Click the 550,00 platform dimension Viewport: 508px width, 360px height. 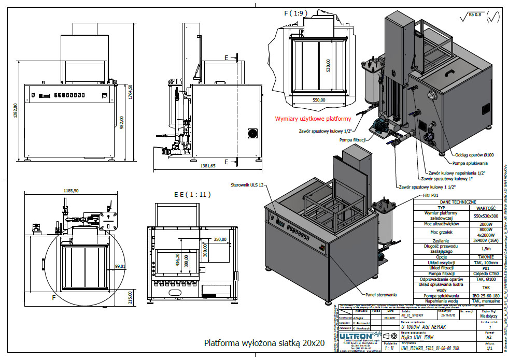click(x=319, y=99)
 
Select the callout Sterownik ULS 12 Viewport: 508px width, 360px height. click(x=247, y=185)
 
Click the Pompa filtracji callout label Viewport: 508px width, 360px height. click(x=354, y=140)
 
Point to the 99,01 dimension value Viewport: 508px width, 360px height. click(x=120, y=252)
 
